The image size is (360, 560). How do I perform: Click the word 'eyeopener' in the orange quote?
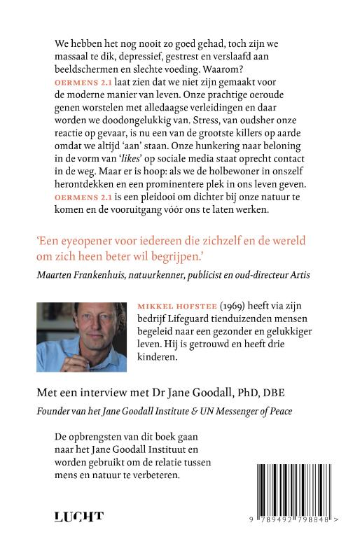92,239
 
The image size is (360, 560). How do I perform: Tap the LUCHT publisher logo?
78,518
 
